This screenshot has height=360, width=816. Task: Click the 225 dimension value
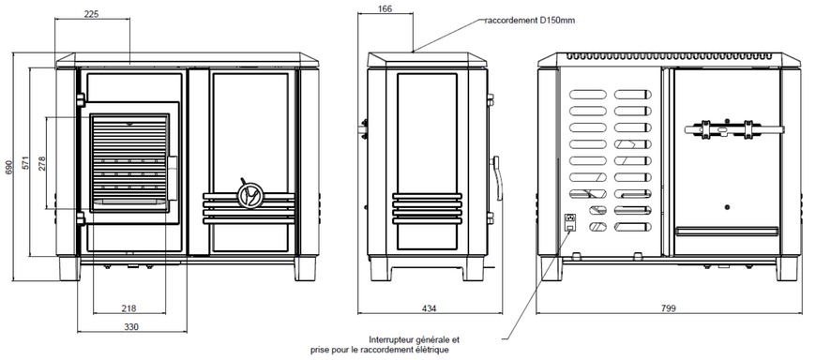[x=92, y=14]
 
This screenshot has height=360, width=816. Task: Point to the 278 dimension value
[x=42, y=163]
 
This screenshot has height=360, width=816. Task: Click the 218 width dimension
[x=128, y=308]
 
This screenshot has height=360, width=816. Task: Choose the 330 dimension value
[x=131, y=326]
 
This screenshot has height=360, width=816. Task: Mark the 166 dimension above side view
[x=385, y=8]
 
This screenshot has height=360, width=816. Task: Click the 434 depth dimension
[x=429, y=308]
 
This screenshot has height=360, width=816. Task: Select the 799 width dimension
[x=668, y=308]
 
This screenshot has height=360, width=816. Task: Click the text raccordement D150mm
[x=530, y=21]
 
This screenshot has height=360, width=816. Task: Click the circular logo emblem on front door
[x=249, y=195]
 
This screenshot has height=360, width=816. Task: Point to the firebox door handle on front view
[x=172, y=177]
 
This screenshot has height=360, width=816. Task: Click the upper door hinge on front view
[x=81, y=99]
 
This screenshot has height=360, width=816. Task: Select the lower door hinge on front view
[x=81, y=218]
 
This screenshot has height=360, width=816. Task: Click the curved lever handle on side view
[x=497, y=178]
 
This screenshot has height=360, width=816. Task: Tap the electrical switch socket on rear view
[x=571, y=221]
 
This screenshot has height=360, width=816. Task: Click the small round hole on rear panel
[x=727, y=207]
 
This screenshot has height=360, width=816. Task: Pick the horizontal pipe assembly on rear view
[x=734, y=129]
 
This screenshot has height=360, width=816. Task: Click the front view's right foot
[x=305, y=268]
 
